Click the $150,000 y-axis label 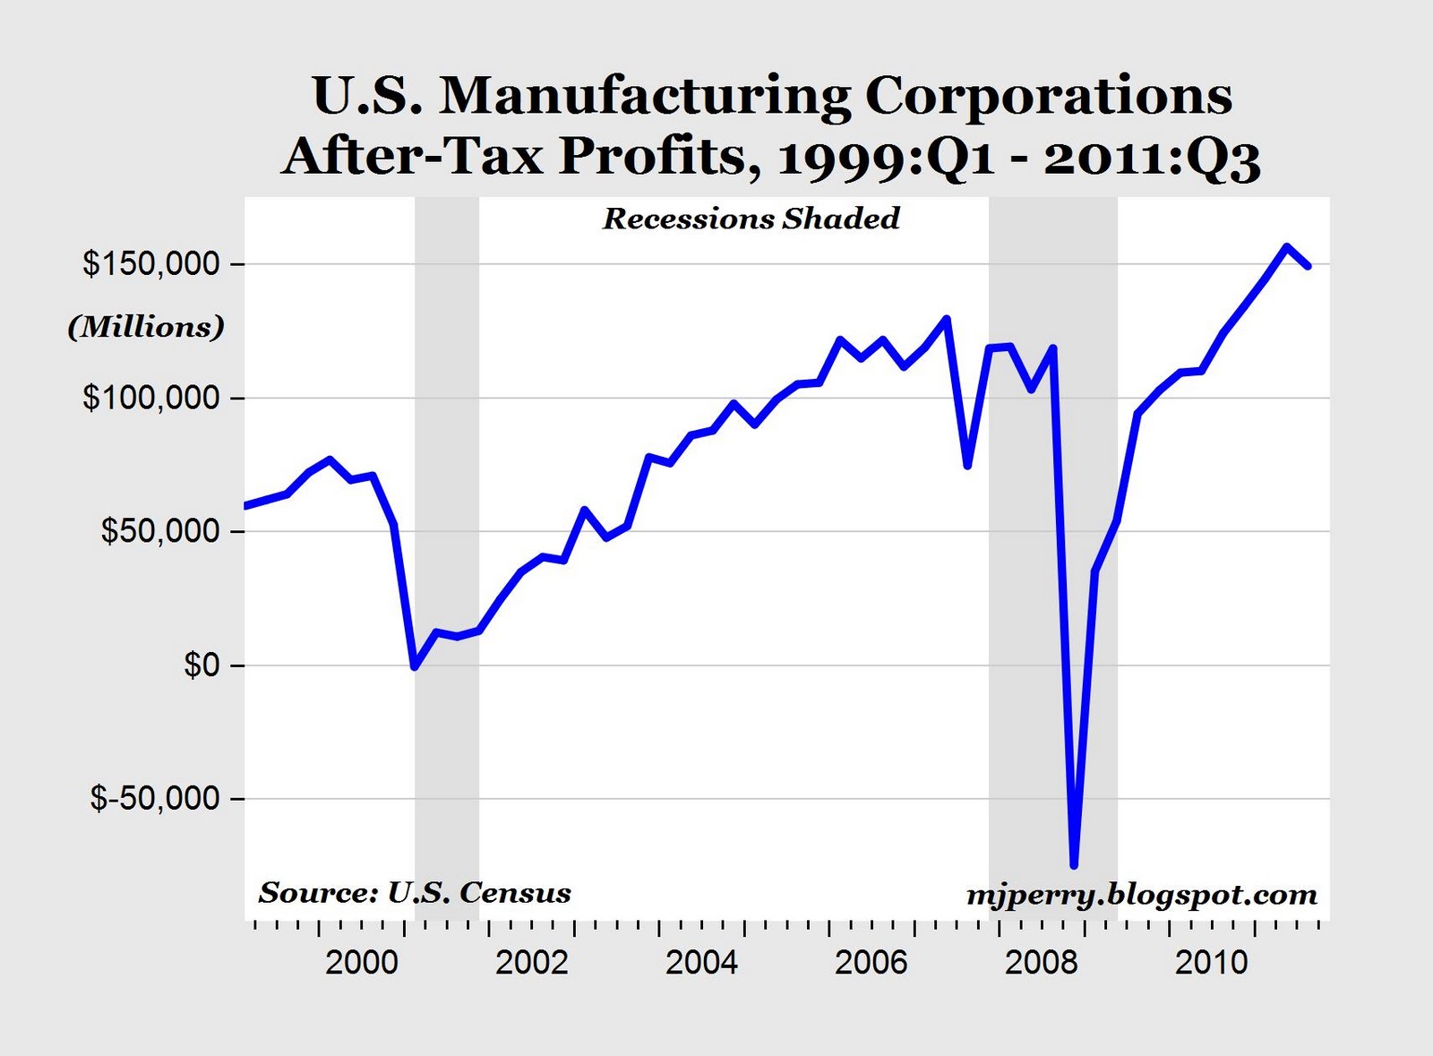tap(150, 264)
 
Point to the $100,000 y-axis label tap(150, 398)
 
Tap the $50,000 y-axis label tap(159, 531)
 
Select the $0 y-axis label tap(202, 665)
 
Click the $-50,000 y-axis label tap(154, 798)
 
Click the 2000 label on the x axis tap(361, 963)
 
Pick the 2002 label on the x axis tap(531, 963)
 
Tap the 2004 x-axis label tap(701, 963)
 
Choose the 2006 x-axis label tap(871, 963)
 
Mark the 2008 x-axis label tap(1041, 963)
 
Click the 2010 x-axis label tap(1211, 963)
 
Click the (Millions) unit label tap(146, 327)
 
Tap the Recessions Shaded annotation tap(751, 219)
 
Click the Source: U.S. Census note tap(415, 892)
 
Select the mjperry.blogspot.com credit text tap(1142, 894)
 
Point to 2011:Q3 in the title tap(1152, 158)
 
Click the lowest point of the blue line tap(1074, 865)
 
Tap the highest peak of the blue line tap(1286, 246)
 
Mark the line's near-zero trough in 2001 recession tap(415, 666)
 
